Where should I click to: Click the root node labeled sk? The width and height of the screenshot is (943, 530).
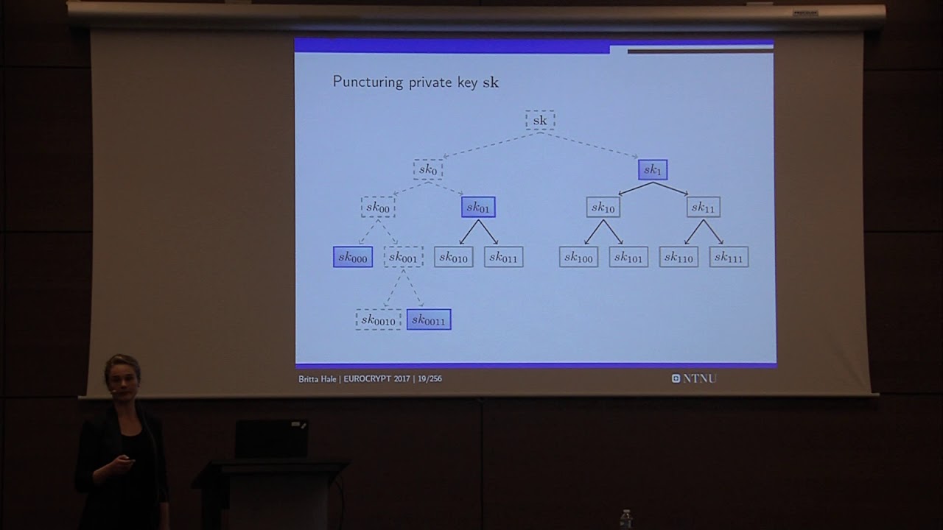click(540, 120)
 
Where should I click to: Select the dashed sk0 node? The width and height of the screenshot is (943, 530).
click(428, 169)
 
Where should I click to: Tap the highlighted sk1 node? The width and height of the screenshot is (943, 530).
click(653, 169)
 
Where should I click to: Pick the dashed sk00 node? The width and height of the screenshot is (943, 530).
click(378, 207)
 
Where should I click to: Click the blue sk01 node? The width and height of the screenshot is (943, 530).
click(478, 207)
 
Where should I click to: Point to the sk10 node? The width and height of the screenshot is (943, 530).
click(603, 207)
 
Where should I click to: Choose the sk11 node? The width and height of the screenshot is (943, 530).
click(704, 207)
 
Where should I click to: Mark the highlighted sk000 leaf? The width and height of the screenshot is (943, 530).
click(353, 257)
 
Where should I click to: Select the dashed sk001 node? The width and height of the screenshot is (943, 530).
click(403, 257)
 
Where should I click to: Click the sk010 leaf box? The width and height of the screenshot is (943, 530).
click(453, 257)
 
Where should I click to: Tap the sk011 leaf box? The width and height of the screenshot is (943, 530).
click(503, 257)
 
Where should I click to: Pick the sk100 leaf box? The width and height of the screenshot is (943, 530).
click(578, 257)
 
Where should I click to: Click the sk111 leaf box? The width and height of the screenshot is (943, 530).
click(729, 257)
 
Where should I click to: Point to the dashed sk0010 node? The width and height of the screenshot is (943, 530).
click(378, 319)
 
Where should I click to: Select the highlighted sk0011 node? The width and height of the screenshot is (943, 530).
click(429, 319)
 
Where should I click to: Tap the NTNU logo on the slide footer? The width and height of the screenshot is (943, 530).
click(694, 378)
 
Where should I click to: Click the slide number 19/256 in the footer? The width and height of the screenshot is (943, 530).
click(430, 378)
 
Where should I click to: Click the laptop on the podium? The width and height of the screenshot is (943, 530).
click(272, 438)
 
